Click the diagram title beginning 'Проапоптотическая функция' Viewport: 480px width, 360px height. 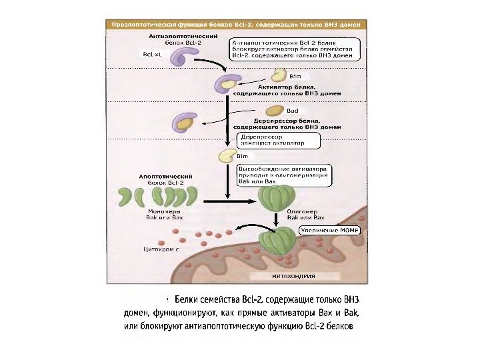point(237,23)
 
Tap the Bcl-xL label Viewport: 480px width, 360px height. point(153,54)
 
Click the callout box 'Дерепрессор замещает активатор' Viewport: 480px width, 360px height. point(278,140)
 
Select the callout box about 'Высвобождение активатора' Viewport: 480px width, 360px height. point(283,175)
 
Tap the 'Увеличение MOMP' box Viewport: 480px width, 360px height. point(329,229)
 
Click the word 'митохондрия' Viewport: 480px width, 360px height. point(294,275)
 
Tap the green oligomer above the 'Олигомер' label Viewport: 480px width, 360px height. point(273,197)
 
